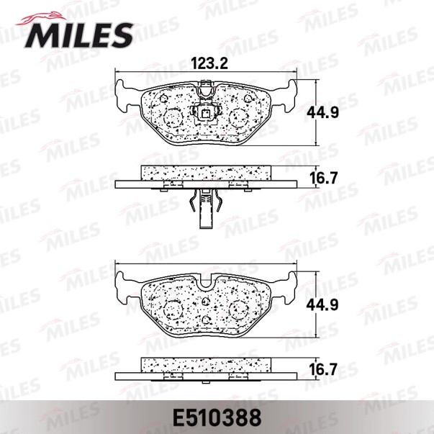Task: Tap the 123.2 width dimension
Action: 210,63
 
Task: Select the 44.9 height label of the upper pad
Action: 322,113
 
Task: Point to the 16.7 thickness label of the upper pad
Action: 322,178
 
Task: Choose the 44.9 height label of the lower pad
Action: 322,304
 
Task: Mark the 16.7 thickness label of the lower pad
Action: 322,369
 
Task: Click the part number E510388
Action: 217,417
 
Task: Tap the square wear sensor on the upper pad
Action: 206,114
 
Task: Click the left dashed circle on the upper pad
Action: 173,117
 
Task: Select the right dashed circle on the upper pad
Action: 239,117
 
